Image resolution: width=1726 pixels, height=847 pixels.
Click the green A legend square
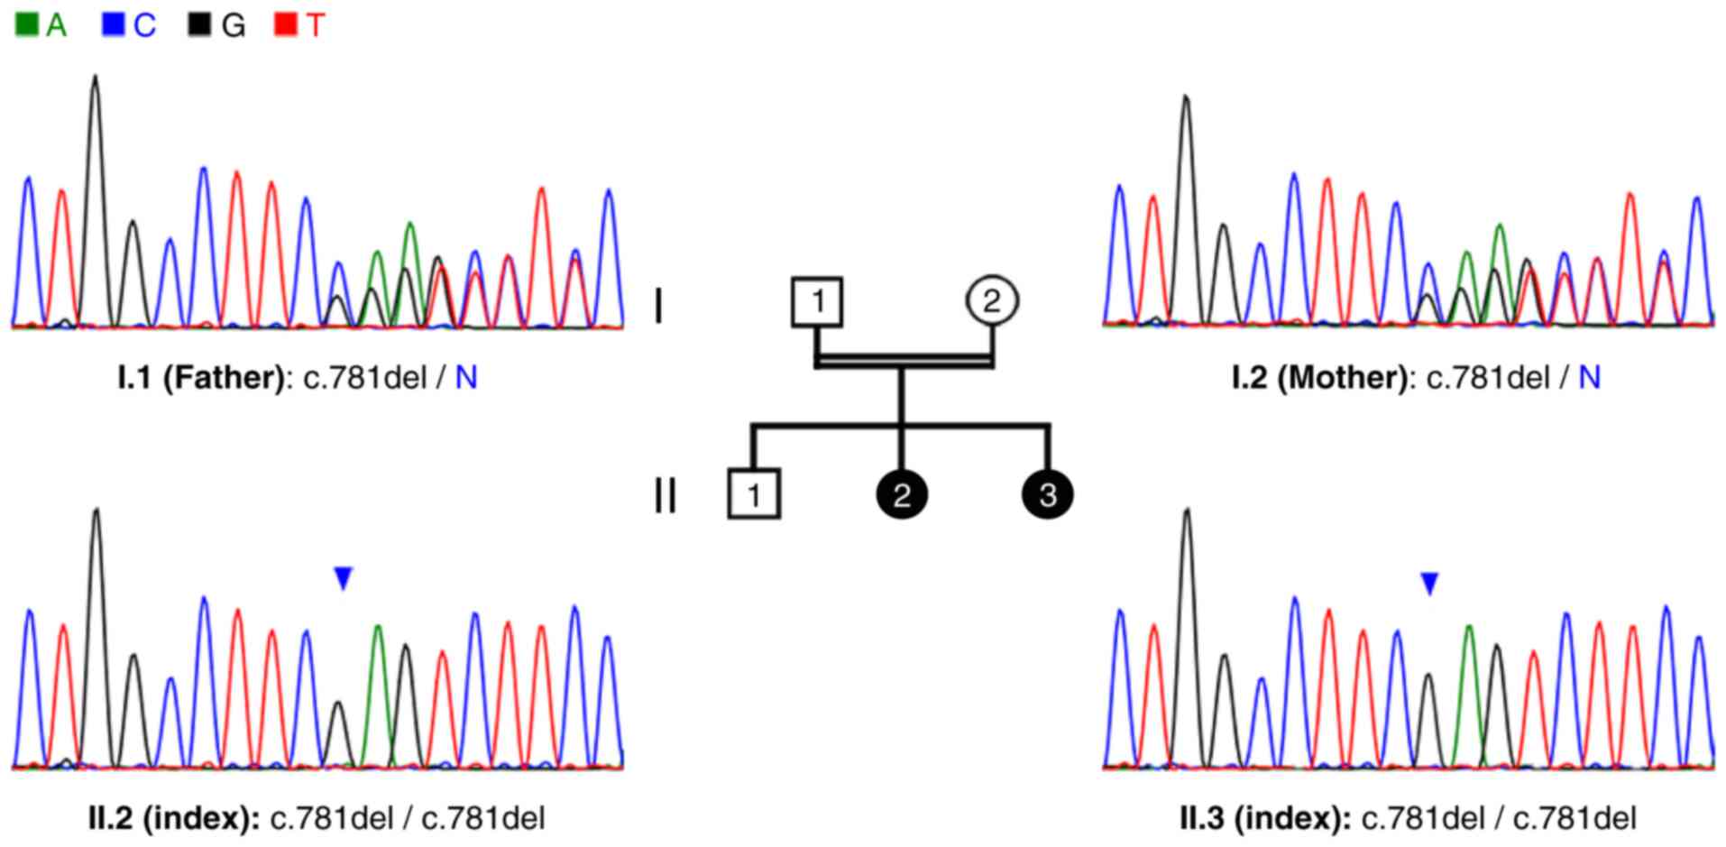click(27, 24)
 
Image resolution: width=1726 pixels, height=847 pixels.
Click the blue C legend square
click(113, 24)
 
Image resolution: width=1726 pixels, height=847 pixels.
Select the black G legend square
click(198, 24)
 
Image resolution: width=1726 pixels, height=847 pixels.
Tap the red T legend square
click(285, 24)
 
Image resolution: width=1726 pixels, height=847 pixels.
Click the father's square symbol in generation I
click(817, 301)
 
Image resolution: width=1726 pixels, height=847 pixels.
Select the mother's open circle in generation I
click(992, 300)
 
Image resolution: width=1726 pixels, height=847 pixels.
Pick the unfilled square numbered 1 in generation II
click(754, 493)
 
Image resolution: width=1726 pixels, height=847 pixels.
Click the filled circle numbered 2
click(902, 494)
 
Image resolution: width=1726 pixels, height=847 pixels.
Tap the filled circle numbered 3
click(1048, 494)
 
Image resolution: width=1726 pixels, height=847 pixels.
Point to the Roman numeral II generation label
click(665, 496)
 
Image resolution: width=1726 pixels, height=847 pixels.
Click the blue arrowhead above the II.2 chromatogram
click(343, 578)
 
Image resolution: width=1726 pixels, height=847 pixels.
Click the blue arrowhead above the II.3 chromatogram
click(1429, 584)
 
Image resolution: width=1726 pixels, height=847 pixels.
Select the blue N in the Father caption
click(466, 377)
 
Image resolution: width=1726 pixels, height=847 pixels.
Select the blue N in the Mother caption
click(1590, 377)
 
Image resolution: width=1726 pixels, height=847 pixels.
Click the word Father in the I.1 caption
click(224, 377)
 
